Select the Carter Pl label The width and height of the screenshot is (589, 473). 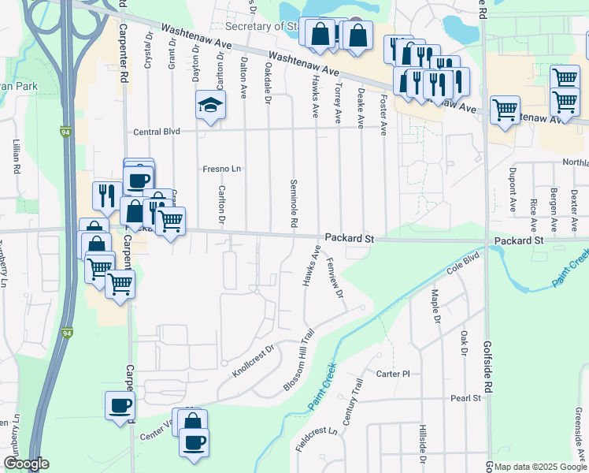pos(394,374)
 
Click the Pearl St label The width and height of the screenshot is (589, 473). pos(465,399)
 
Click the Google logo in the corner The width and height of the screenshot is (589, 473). pos(27,464)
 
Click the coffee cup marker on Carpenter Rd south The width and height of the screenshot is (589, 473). pos(120,407)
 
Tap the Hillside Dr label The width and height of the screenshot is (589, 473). pos(423,445)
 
